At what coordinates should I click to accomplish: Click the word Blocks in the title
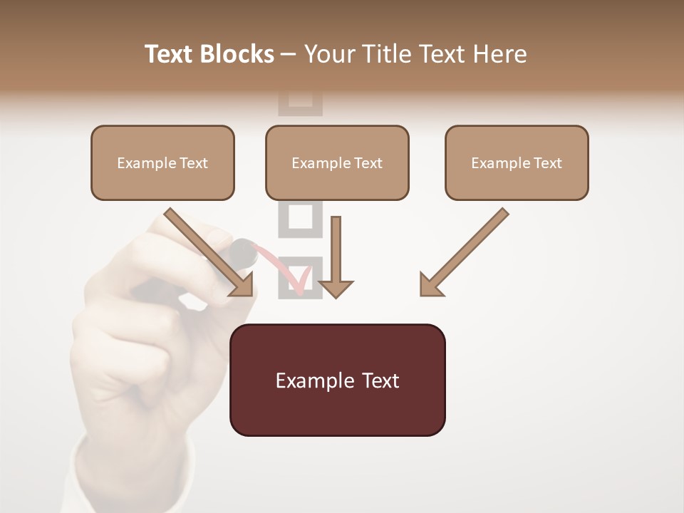click(x=239, y=54)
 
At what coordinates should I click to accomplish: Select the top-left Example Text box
click(x=162, y=162)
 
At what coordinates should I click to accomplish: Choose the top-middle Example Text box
click(x=337, y=162)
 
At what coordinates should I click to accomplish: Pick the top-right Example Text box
click(x=517, y=162)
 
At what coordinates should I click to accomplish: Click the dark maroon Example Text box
click(x=337, y=380)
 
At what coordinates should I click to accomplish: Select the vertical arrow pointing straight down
click(x=336, y=256)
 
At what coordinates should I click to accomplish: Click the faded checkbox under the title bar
click(x=300, y=102)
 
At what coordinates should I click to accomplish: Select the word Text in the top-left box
click(x=193, y=163)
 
